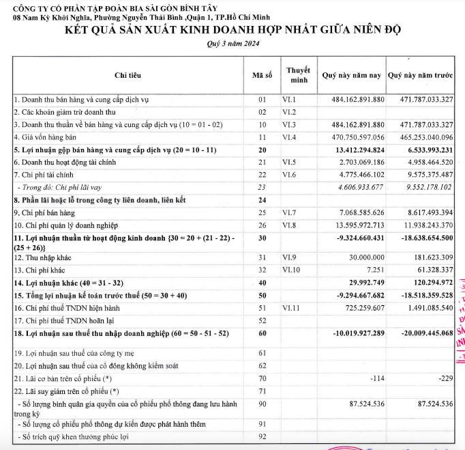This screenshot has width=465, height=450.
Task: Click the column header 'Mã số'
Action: click(x=262, y=74)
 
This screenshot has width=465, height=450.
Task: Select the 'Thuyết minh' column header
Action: click(x=298, y=74)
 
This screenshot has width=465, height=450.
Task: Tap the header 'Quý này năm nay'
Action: click(x=352, y=74)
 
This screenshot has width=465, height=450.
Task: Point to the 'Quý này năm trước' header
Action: click(x=420, y=74)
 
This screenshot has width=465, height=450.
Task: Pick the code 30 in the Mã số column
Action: click(x=262, y=238)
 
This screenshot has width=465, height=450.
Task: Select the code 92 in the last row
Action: click(x=262, y=436)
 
